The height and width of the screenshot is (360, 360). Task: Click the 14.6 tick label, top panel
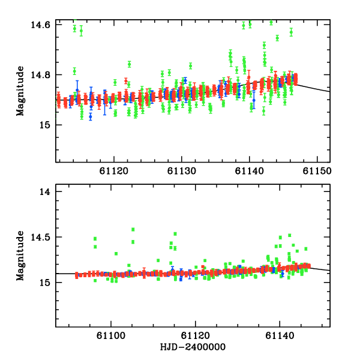coord(41,25)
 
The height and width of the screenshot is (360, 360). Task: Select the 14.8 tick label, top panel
coord(41,75)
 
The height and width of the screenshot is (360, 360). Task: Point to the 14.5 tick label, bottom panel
coord(41,238)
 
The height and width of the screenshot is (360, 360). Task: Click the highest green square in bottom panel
coord(133,229)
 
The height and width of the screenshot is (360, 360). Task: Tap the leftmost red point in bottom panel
coord(77,275)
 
